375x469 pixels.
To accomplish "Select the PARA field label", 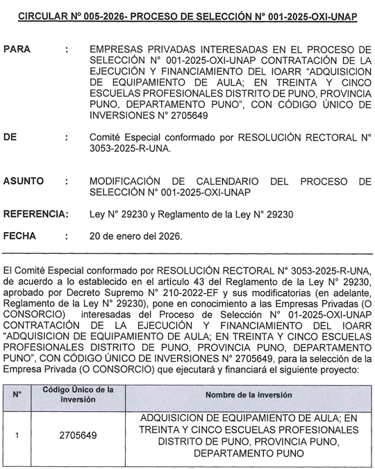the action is (17, 51).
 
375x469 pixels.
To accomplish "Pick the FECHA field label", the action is (19, 236).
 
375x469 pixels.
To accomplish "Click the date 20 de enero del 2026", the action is (136, 236).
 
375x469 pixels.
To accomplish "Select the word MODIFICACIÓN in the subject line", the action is (128, 181).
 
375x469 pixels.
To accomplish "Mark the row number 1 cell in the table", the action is (17, 436).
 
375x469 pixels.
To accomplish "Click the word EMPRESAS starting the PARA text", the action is (119, 51).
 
